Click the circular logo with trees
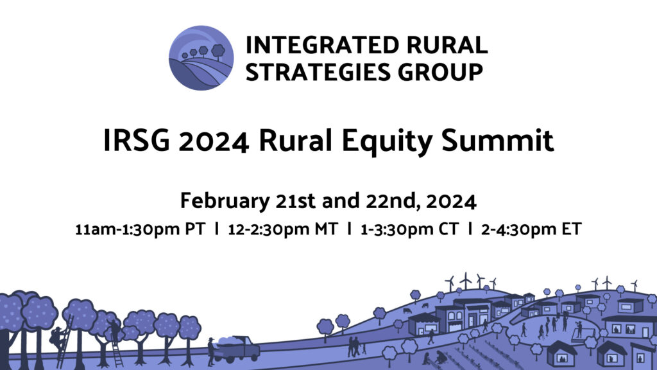[x=201, y=58]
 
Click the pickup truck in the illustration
[x=237, y=349]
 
